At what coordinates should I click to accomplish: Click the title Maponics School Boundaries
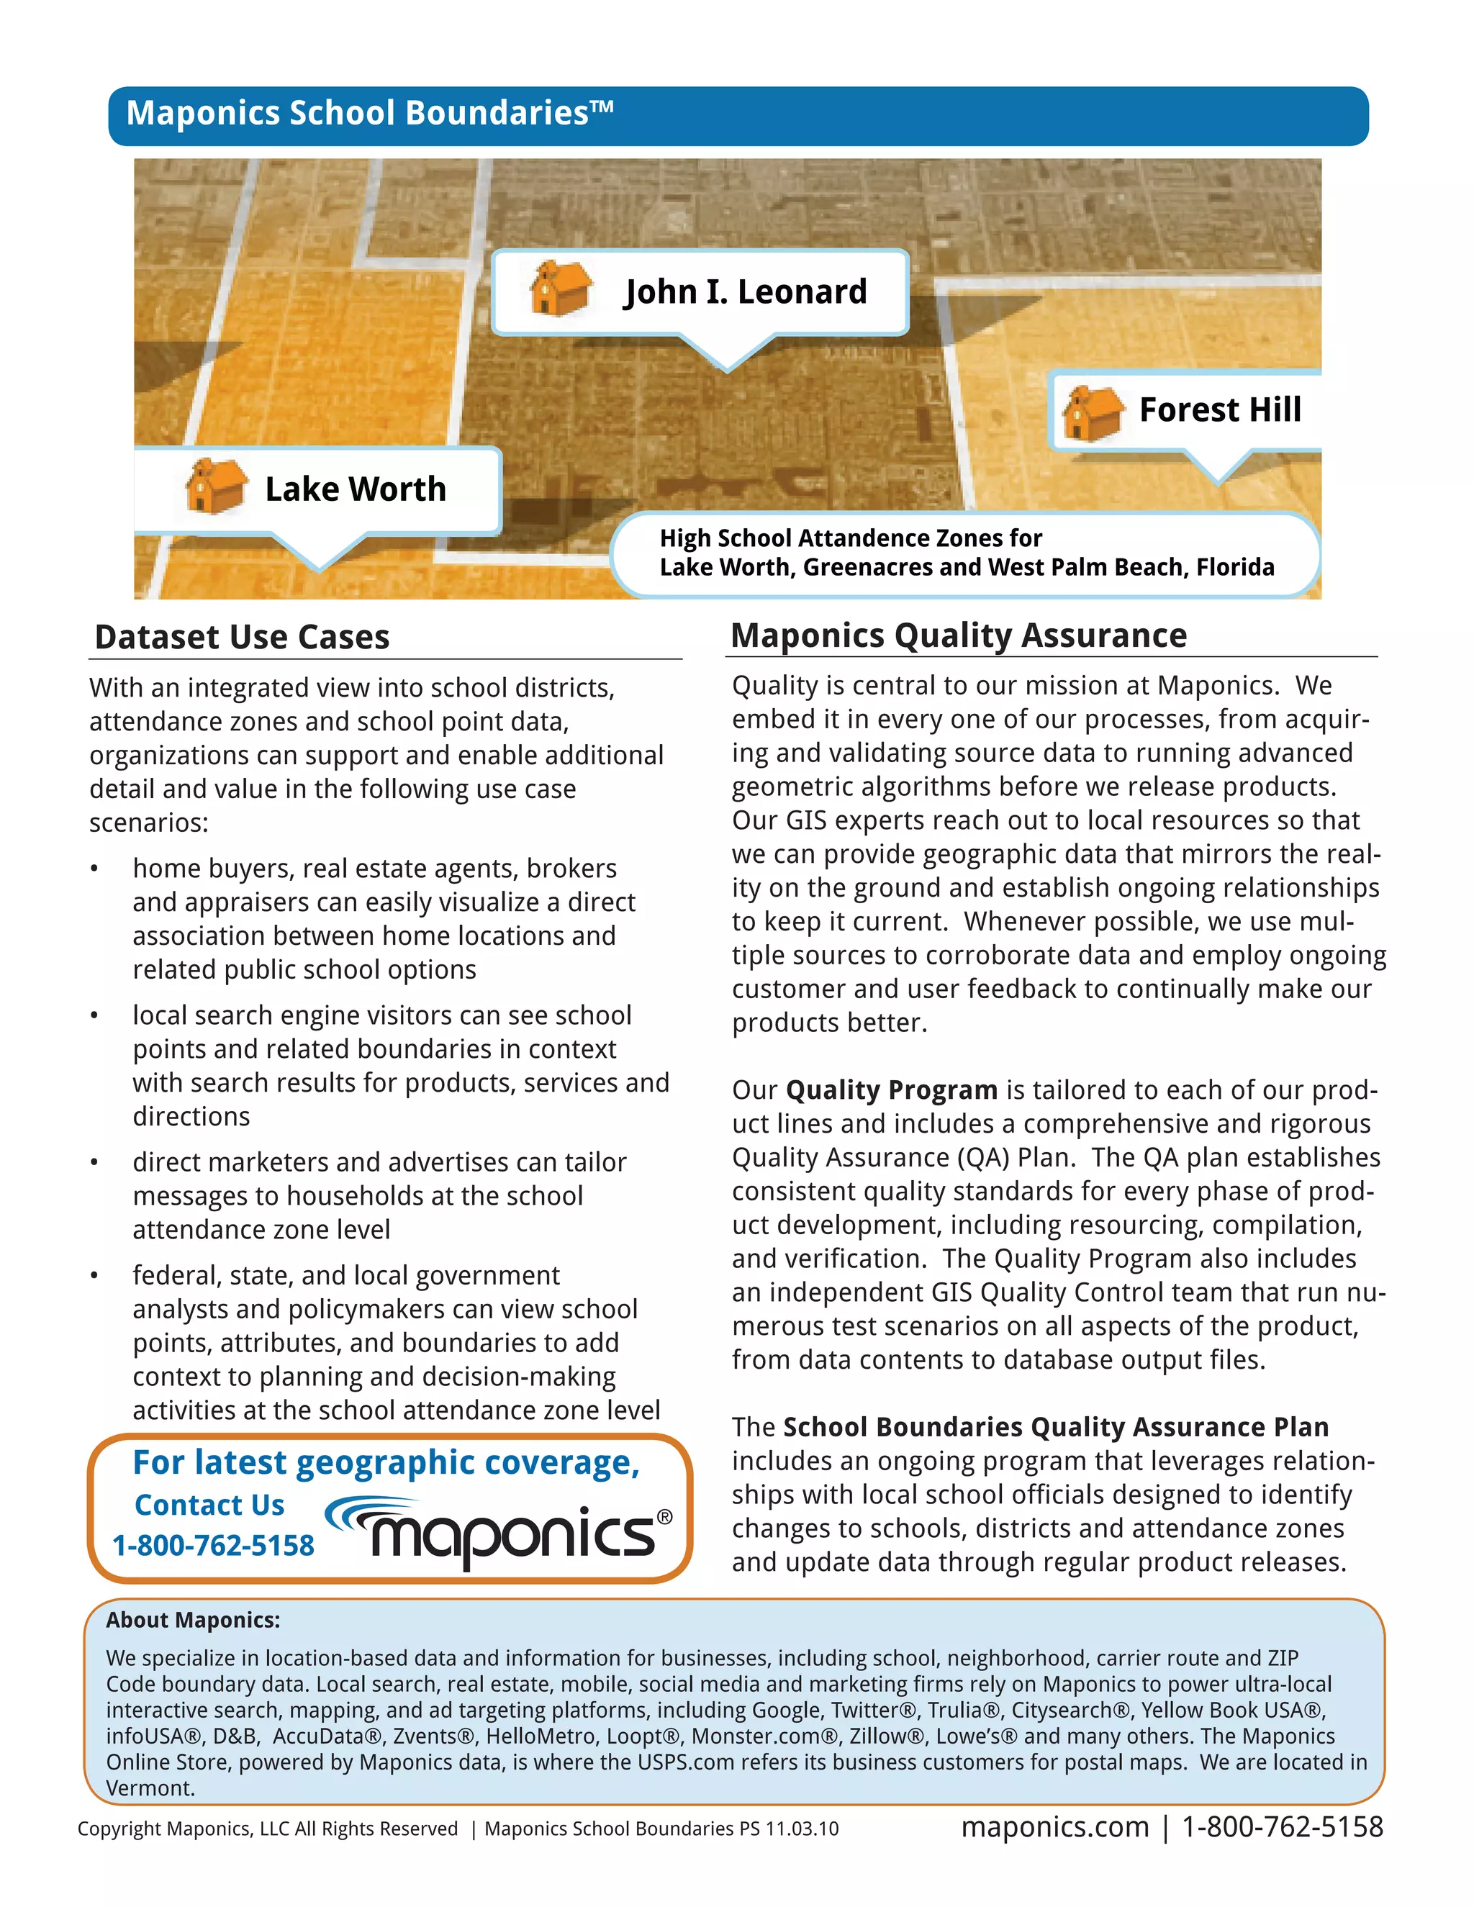pyautogui.click(x=369, y=114)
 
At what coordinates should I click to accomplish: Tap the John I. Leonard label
pyautogui.click(x=745, y=291)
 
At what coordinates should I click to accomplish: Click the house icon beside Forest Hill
pyautogui.click(x=1092, y=412)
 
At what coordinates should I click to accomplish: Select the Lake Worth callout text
pyautogui.click(x=356, y=489)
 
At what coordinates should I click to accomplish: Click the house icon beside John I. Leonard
pyautogui.click(x=560, y=287)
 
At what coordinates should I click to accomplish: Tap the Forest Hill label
pyautogui.click(x=1219, y=409)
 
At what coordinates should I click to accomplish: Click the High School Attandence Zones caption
pyautogui.click(x=966, y=553)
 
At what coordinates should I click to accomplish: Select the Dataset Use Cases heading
pyautogui.click(x=242, y=638)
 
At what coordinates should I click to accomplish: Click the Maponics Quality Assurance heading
pyautogui.click(x=958, y=635)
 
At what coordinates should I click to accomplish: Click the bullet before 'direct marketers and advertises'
pyautogui.click(x=94, y=1163)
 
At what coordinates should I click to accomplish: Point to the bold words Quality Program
pyautogui.click(x=891, y=1090)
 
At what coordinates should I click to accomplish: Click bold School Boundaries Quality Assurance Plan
pyautogui.click(x=1055, y=1428)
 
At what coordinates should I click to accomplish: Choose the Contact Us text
pyautogui.click(x=209, y=1505)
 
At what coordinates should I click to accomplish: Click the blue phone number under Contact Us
pyautogui.click(x=213, y=1546)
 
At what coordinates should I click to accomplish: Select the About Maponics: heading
pyautogui.click(x=193, y=1621)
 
